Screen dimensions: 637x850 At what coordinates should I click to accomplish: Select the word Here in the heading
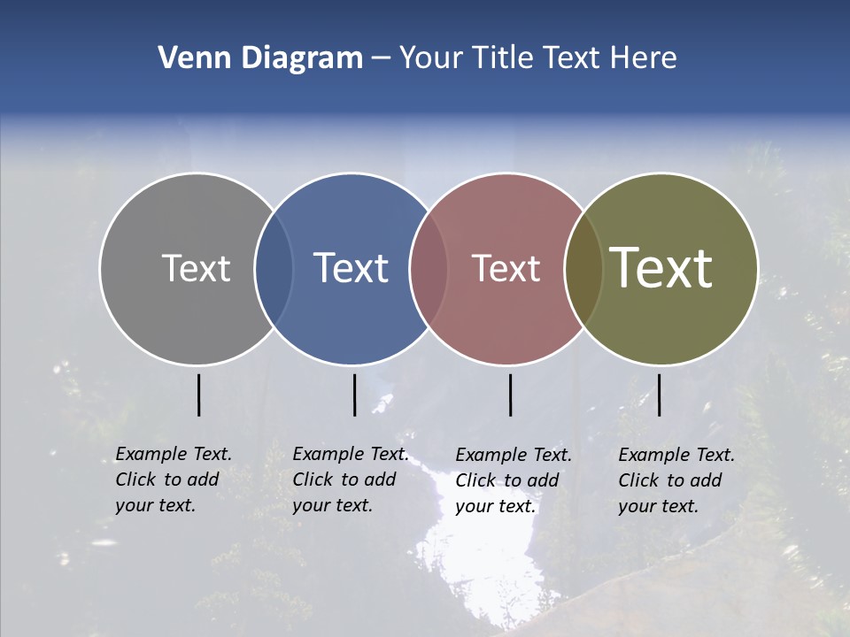pos(644,58)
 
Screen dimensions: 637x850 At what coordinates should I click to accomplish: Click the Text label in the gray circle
pos(196,268)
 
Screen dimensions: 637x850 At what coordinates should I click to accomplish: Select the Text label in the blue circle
pos(351,268)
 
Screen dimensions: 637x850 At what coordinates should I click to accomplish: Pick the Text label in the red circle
pos(506,268)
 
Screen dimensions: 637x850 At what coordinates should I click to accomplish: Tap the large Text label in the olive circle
pos(661,268)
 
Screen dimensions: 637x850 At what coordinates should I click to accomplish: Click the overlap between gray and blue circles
pos(274,269)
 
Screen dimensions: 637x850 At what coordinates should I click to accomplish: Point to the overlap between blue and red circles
pos(429,269)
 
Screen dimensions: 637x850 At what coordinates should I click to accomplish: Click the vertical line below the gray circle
pos(198,395)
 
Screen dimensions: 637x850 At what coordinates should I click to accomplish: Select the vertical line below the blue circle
pos(354,395)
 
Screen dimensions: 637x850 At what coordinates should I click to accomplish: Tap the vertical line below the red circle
pos(510,395)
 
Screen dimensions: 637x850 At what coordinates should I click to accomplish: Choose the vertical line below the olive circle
pos(659,395)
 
